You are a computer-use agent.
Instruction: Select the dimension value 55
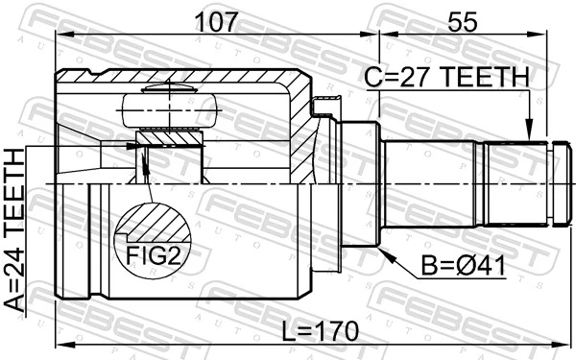pyautogui.click(x=460, y=19)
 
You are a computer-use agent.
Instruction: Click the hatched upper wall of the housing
pyautogui.click(x=182, y=78)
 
